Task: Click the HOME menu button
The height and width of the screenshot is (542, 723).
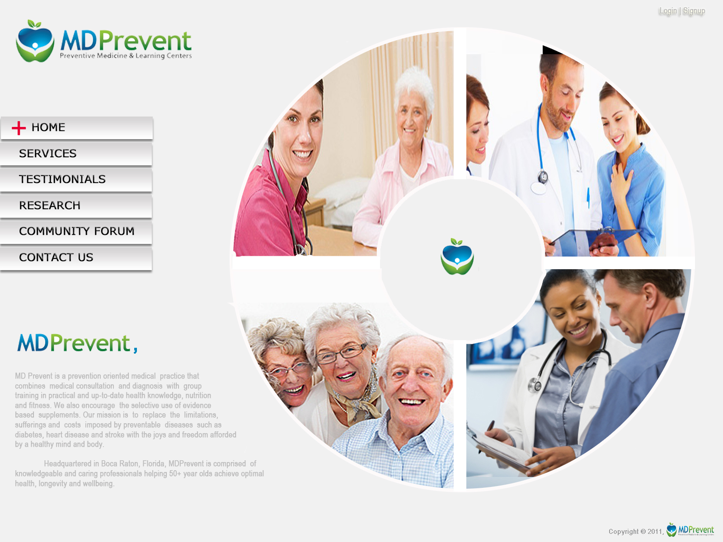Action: coord(76,128)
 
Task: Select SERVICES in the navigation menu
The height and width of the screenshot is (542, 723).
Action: coord(76,154)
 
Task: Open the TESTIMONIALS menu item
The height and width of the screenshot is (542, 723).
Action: coord(76,180)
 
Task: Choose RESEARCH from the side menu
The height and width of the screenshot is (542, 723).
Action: coord(76,206)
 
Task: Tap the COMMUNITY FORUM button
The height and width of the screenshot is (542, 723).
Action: coord(76,232)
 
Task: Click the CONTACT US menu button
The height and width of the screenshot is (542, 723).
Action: coord(76,257)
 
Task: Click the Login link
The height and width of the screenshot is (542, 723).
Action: coord(668,11)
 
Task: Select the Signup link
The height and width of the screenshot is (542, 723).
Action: coord(694,11)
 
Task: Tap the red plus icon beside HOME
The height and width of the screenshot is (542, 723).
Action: coord(19,128)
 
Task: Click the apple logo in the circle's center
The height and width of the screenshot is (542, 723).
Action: coord(457,257)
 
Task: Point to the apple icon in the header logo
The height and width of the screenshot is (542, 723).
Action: coord(35,41)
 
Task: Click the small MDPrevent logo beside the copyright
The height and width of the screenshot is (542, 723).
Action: coord(690,529)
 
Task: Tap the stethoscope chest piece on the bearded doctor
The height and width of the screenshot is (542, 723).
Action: coord(543,177)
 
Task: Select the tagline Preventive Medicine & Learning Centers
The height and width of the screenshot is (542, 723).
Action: coord(126,56)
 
